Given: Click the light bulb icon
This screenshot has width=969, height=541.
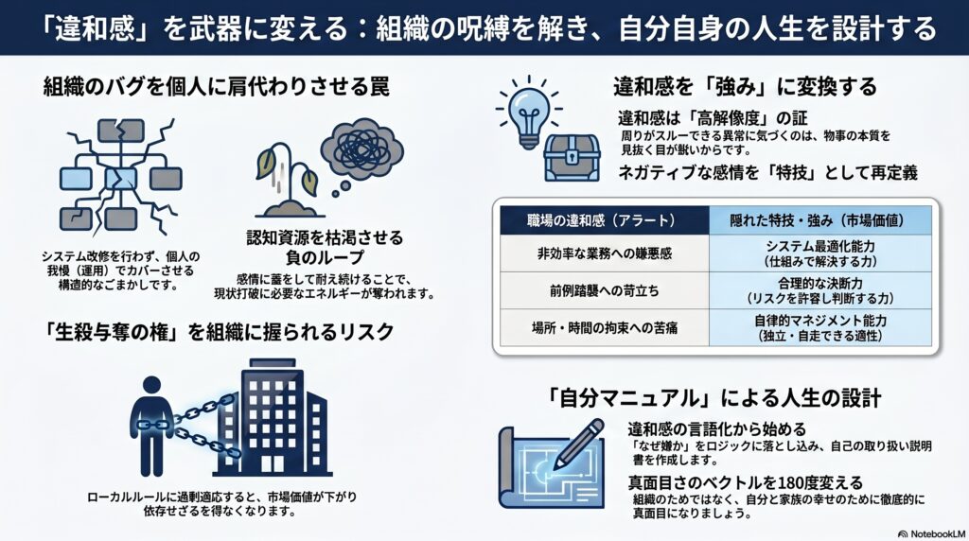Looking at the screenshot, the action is (528, 113).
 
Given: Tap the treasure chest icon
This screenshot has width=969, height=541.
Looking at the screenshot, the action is (572, 158).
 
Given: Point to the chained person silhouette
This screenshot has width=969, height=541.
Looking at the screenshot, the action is (151, 427).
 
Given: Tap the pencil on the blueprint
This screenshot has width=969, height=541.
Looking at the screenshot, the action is (579, 444).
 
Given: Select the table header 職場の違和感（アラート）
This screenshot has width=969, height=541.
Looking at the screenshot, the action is (605, 220).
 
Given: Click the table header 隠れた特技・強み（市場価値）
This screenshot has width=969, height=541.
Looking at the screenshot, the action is (820, 220).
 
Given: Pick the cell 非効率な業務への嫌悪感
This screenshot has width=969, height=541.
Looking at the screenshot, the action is (605, 253).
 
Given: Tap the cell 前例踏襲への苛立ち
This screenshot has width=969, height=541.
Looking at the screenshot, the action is (605, 290).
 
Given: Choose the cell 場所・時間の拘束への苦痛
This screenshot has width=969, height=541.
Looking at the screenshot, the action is (605, 327).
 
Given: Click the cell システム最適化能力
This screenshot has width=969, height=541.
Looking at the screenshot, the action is (820, 253).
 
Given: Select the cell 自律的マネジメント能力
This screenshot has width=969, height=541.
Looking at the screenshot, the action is (820, 327).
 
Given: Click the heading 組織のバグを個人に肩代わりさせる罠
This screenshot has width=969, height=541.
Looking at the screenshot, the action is (217, 87).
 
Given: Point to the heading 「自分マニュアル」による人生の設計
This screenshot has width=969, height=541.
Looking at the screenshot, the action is (714, 398).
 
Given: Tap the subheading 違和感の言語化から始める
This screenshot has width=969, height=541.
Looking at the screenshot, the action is (717, 428).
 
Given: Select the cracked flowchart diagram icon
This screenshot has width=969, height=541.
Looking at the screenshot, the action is (120, 177).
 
